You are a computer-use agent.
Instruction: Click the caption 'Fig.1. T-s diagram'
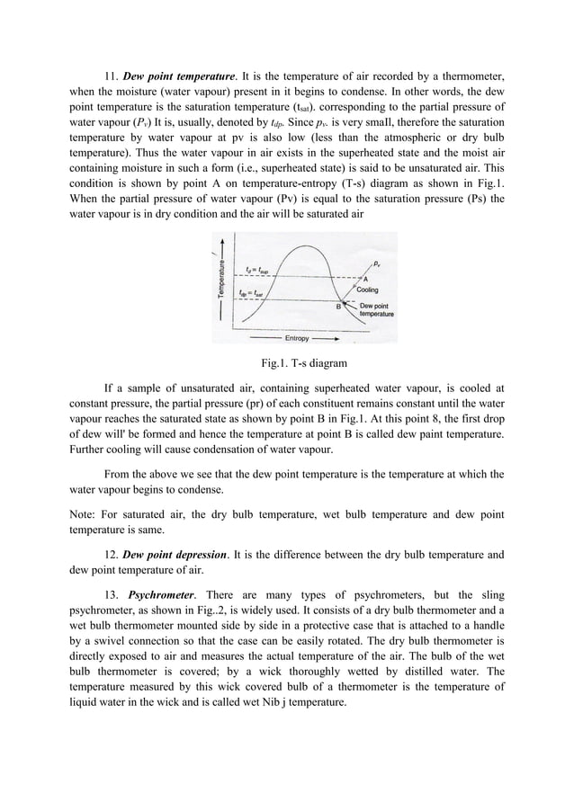[286, 364]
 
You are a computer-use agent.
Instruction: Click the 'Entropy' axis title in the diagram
[298, 338]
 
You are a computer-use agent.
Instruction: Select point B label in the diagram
[339, 307]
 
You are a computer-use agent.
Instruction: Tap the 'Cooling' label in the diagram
[368, 290]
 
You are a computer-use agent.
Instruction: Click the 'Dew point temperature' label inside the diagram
[375, 310]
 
